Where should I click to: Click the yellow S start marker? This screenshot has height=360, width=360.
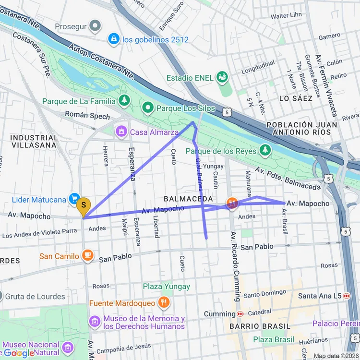(84, 207)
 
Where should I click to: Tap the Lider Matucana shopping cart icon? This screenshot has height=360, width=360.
(74, 198)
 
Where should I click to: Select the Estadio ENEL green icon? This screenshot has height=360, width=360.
(222, 76)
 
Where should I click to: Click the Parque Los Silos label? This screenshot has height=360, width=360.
(186, 108)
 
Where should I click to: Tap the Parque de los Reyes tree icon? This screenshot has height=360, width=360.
(265, 151)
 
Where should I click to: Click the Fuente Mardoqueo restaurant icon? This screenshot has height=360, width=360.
(164, 302)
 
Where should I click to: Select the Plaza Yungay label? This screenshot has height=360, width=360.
(166, 287)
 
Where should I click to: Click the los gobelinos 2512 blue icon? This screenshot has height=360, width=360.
(114, 39)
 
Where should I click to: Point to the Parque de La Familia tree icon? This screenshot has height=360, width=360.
(124, 100)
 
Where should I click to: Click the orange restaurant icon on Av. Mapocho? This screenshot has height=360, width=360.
(232, 204)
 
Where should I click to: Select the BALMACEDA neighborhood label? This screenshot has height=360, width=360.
(188, 198)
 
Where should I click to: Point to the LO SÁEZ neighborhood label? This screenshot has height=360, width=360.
(296, 98)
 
